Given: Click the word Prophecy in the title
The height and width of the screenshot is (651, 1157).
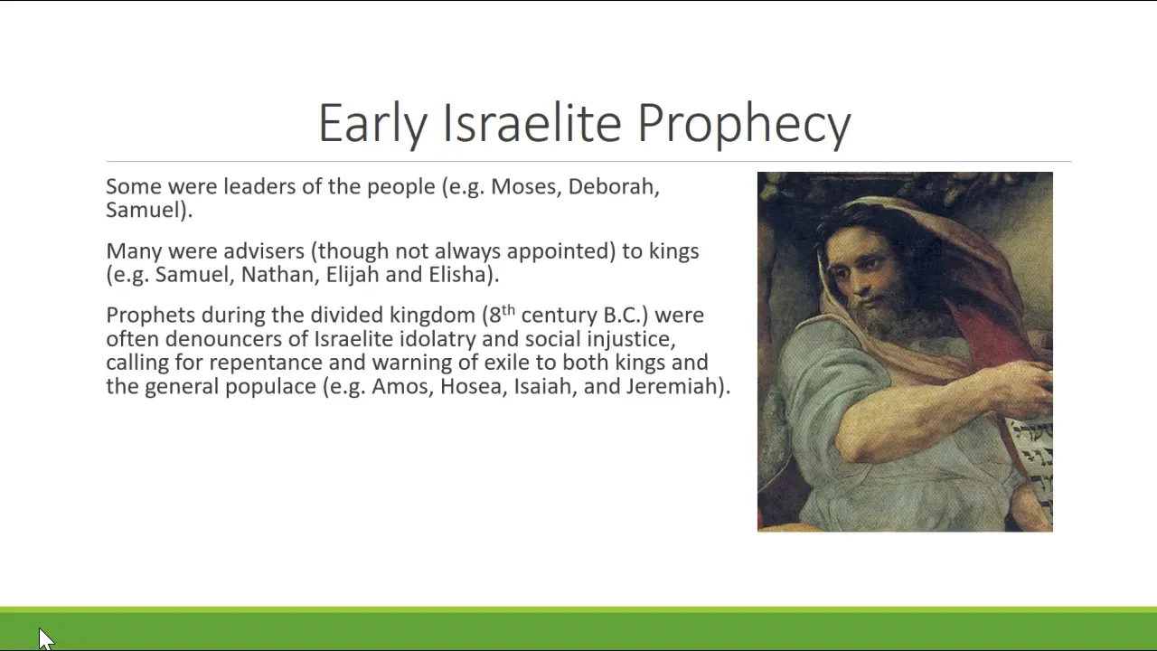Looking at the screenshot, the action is (744, 124).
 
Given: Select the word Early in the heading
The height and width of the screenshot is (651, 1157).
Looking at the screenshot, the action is (372, 124).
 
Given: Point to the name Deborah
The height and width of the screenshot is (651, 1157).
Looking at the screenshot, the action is (614, 187).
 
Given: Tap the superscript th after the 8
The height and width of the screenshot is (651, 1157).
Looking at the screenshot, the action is (508, 310).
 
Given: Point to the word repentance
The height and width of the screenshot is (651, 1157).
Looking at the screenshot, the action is (266, 363).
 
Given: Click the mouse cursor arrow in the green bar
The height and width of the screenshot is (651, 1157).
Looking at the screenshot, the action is (45, 638).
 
